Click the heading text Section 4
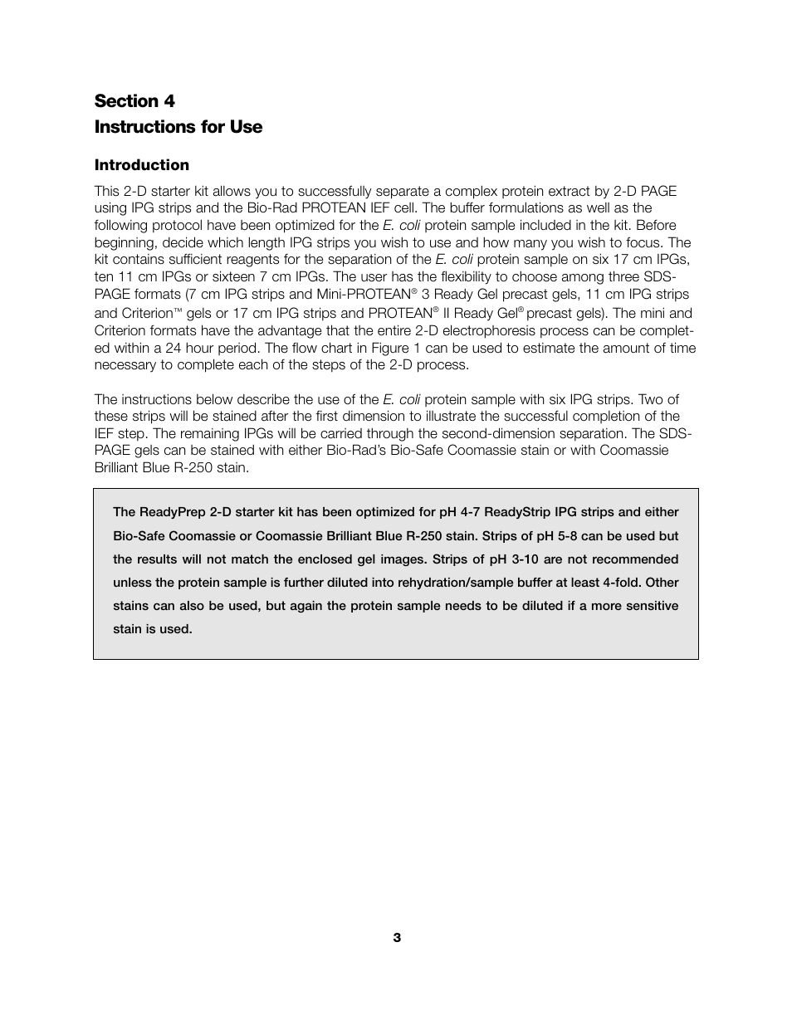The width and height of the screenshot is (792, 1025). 134,101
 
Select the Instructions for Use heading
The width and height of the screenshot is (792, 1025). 178,127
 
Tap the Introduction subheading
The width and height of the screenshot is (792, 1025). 141,165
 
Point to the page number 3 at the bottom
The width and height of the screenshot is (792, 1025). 397,938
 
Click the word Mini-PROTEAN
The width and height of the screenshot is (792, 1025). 364,295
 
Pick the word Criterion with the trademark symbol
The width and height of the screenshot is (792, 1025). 147,314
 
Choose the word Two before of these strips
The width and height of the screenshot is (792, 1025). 651,399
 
